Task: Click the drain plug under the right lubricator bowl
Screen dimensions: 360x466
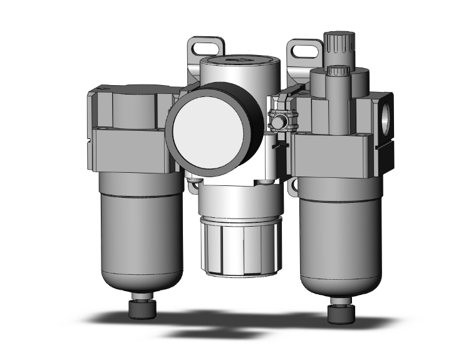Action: click(339, 310)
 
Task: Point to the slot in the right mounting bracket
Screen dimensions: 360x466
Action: click(304, 48)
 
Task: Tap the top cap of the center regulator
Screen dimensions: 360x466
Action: click(237, 63)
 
